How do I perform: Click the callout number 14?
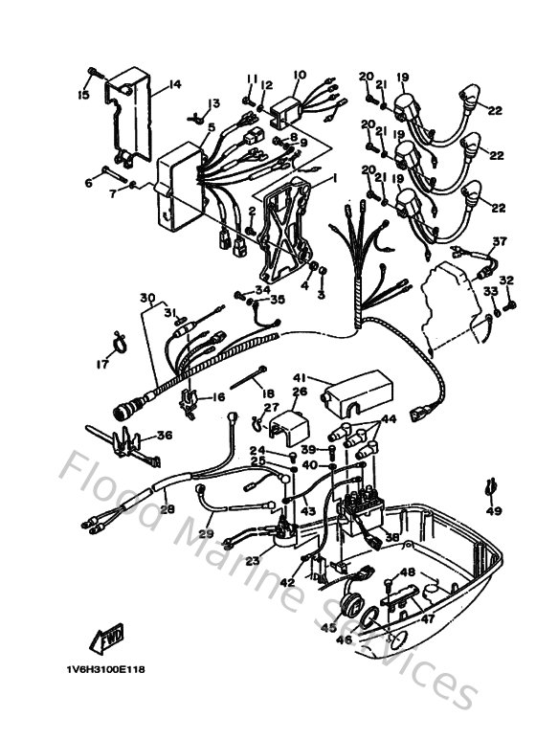(x=174, y=85)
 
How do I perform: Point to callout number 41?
(x=300, y=377)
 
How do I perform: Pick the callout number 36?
(x=165, y=436)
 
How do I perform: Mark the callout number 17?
(x=101, y=363)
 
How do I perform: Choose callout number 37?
(x=499, y=240)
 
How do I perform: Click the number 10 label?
(x=299, y=75)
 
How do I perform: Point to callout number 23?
(x=252, y=561)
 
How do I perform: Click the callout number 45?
(x=328, y=628)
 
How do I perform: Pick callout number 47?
(x=428, y=619)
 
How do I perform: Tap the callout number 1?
(x=334, y=178)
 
